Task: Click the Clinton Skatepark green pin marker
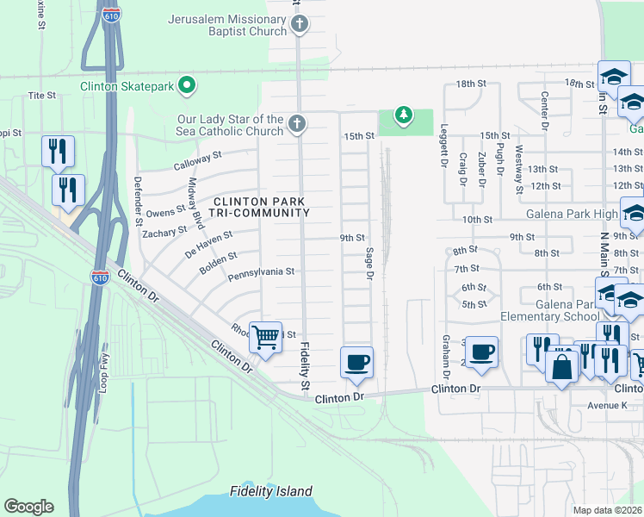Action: (x=187, y=85)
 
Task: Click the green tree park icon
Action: (x=402, y=114)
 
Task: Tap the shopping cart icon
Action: (x=266, y=337)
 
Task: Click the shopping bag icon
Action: (x=561, y=365)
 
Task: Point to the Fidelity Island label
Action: (x=271, y=492)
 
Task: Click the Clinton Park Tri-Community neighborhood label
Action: (x=261, y=207)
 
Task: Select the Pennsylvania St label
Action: (x=261, y=271)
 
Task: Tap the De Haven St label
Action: (x=208, y=244)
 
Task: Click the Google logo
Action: (x=28, y=507)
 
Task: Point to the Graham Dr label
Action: (x=446, y=356)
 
